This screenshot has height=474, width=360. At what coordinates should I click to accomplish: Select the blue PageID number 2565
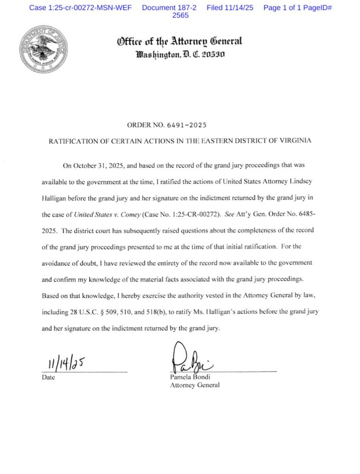180,15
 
